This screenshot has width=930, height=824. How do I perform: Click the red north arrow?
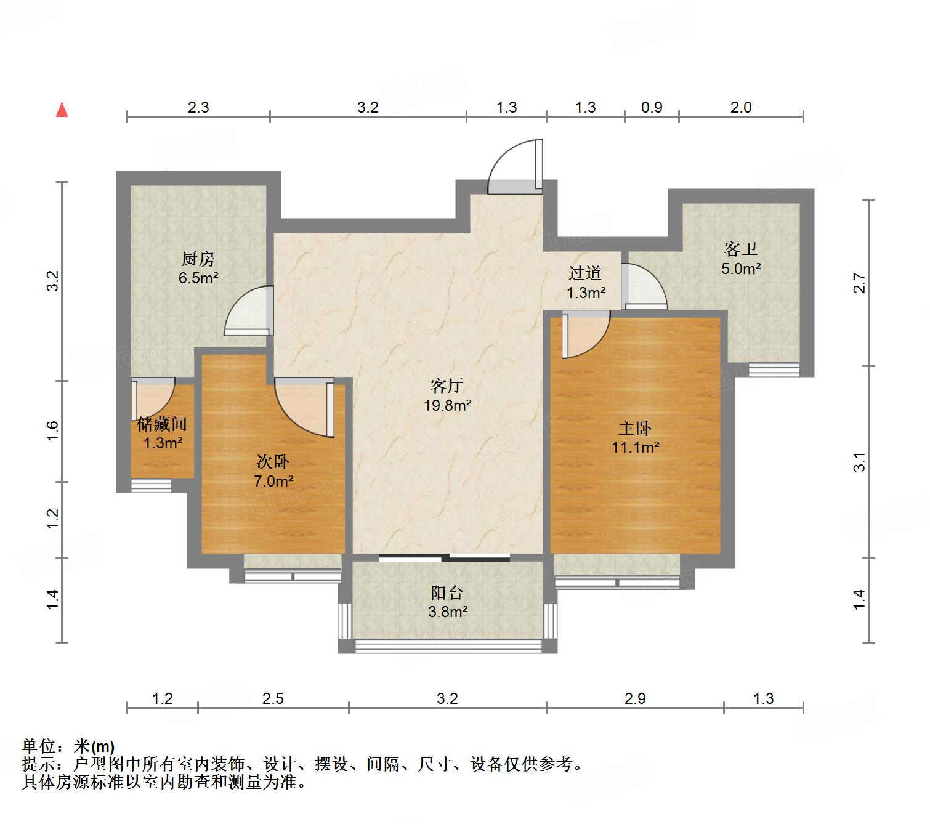tap(62, 110)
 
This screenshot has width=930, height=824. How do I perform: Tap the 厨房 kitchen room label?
tap(198, 259)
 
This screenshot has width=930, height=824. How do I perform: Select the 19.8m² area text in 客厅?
tap(447, 405)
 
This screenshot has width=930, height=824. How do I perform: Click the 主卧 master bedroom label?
tap(634, 428)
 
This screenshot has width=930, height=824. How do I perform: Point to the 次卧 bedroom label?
tap(272, 461)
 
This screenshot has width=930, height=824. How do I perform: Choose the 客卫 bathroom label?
tap(740, 249)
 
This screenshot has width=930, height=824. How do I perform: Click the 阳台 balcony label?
tap(447, 593)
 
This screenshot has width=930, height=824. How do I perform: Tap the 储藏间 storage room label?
tap(162, 424)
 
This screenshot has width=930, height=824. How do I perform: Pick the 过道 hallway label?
tap(584, 273)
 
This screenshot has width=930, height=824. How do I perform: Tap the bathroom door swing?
tap(643, 286)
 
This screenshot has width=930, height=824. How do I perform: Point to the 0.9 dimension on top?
tap(652, 108)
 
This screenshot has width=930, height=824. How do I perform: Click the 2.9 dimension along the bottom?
tap(635, 698)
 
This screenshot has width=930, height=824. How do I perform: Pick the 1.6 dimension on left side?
tap(53, 430)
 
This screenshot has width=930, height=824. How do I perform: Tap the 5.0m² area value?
tap(741, 269)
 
